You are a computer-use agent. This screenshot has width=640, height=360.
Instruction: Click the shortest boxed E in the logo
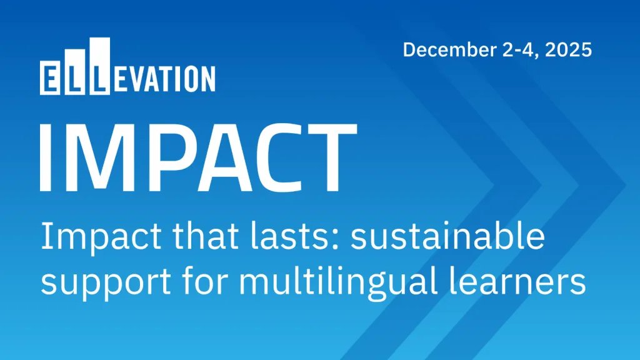(x=49, y=79)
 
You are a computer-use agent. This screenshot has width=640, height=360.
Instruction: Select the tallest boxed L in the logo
(x=99, y=67)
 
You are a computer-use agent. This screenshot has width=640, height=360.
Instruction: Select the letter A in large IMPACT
(x=226, y=157)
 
